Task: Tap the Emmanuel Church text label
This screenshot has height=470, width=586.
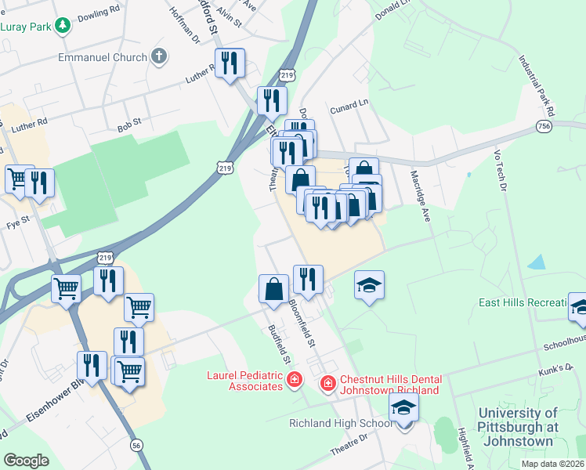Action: pos(102,57)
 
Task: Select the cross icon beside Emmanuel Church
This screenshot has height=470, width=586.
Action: pos(159,56)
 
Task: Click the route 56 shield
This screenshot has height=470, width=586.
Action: pos(137,445)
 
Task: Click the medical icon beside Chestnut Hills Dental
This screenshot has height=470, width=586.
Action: pos(327,384)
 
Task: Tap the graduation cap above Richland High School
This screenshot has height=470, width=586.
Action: pos(403,407)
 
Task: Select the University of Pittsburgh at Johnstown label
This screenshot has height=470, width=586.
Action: pos(517,427)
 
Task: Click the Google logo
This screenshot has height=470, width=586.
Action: pos(26,460)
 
